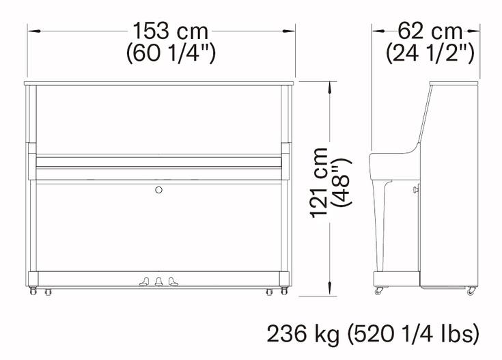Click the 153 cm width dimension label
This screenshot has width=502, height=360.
coord(170,31)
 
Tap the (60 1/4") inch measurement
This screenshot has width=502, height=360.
coord(171,53)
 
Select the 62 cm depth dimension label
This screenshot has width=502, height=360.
coord(430,31)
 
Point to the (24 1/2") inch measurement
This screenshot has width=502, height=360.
coord(430,53)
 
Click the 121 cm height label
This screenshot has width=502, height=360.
coord(320,183)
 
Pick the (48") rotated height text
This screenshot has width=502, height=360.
coord(342,182)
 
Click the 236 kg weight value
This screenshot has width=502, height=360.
coord(303,334)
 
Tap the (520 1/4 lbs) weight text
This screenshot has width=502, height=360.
coord(413,334)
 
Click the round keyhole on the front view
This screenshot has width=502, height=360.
coord(158,190)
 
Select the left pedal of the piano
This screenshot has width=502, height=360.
coord(144,282)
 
